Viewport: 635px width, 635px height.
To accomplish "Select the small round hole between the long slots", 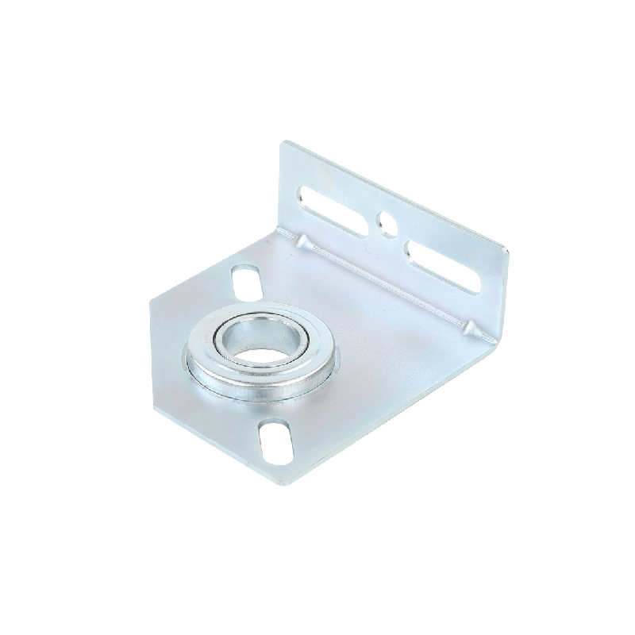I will (387, 222).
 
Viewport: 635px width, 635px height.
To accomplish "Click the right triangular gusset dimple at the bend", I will (470, 327).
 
